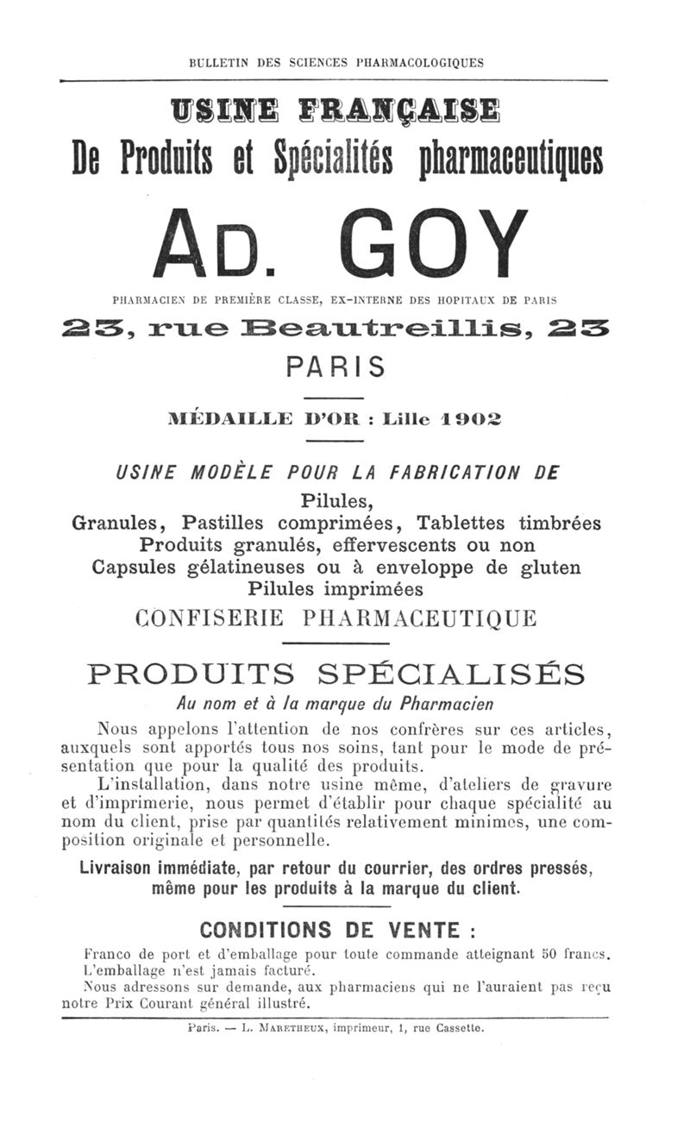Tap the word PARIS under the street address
(x=336, y=367)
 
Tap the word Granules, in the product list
(x=122, y=523)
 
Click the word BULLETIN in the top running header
(x=220, y=62)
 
